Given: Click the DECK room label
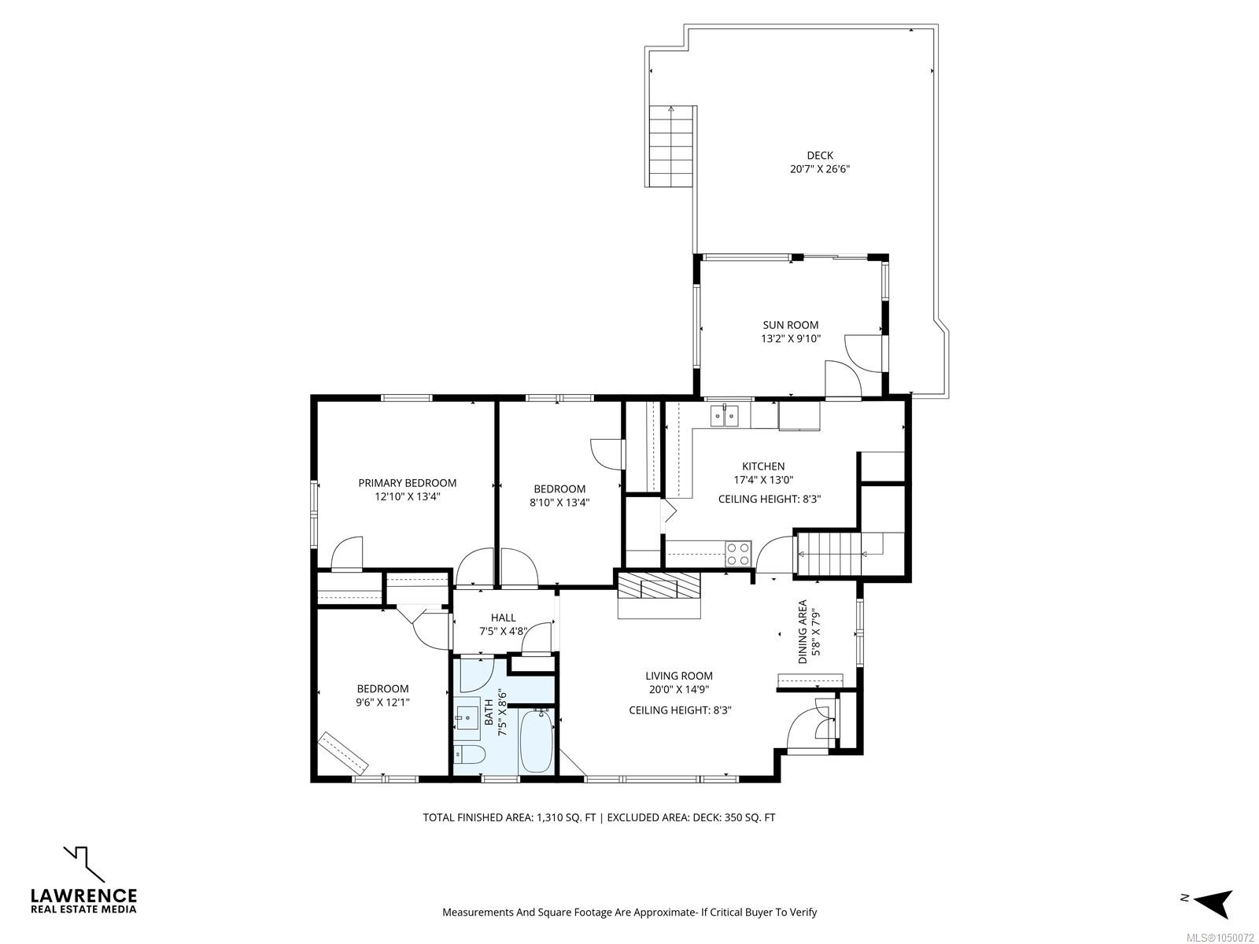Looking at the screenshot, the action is (820, 155).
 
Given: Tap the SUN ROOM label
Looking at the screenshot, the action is (790, 325).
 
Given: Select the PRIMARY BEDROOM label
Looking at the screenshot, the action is (408, 483).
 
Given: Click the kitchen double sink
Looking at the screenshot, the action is (725, 415).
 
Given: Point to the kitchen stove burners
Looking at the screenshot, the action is (738, 554).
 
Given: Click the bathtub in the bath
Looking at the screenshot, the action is (537, 741).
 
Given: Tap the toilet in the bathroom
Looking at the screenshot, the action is (467, 755).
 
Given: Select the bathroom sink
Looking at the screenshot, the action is (467, 715).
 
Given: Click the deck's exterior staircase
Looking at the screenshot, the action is (672, 147).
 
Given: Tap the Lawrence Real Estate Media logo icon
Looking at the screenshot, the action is (84, 864).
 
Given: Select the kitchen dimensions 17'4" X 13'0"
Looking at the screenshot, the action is (763, 481).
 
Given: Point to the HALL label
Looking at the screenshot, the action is (503, 618).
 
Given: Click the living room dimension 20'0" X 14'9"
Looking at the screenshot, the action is (679, 690).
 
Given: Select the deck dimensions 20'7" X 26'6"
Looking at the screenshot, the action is (820, 169).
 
